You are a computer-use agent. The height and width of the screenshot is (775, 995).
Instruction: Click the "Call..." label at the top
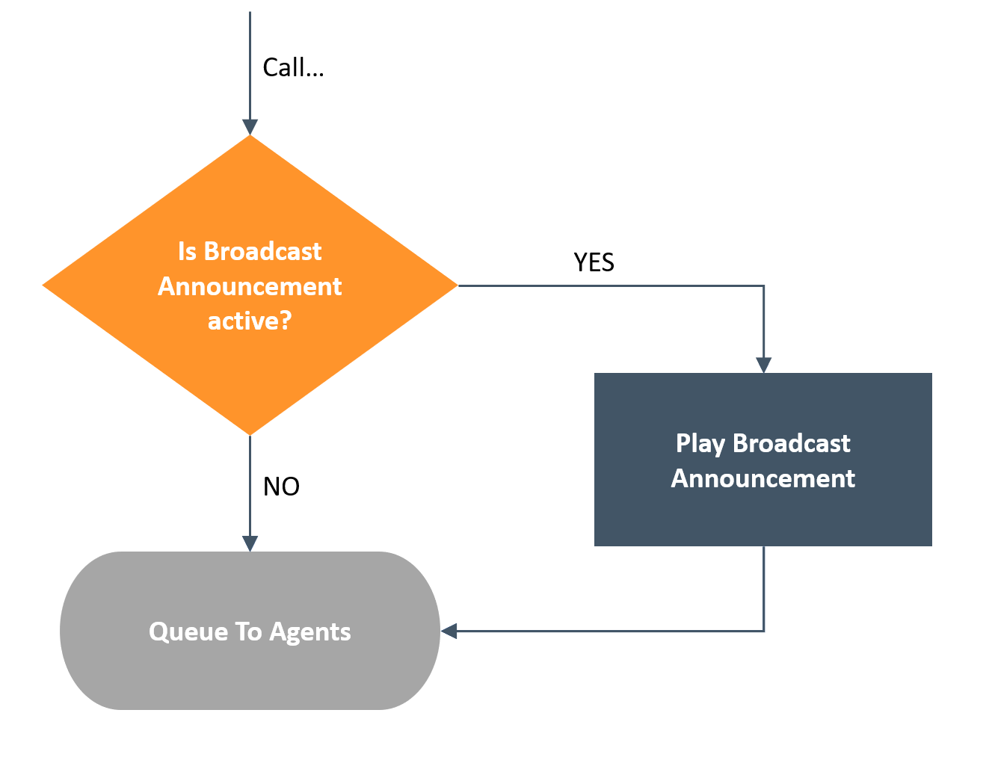[x=293, y=67]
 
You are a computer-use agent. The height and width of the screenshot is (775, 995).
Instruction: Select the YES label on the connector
[x=594, y=262]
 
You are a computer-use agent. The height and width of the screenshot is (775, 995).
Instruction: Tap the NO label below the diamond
[x=281, y=486]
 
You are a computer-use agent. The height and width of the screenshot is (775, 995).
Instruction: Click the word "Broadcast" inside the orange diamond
[x=262, y=251]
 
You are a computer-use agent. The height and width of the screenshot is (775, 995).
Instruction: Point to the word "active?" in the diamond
[x=250, y=321]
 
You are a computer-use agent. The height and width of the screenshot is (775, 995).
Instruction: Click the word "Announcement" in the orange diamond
[x=250, y=286]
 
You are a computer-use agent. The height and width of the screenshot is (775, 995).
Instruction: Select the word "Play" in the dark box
[x=700, y=444]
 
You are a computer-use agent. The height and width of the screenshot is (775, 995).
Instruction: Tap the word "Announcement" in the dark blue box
[x=763, y=478]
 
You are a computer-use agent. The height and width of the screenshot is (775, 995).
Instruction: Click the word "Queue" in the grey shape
[x=188, y=632]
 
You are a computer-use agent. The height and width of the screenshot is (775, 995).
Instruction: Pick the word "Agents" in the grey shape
[x=310, y=632]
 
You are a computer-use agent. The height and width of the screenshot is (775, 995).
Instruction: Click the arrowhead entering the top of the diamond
[x=250, y=127]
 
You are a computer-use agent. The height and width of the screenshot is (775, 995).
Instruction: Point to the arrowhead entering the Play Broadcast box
[x=763, y=365]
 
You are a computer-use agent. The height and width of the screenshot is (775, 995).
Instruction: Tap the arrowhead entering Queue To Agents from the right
[x=449, y=632]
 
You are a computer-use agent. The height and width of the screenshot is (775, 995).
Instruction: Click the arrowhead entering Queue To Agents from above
[x=250, y=544]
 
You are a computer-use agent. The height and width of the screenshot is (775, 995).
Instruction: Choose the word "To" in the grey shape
[x=249, y=632]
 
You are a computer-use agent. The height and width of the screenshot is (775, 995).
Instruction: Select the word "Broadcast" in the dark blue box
[x=791, y=443]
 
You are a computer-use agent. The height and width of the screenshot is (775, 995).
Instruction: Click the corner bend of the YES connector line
[x=763, y=286]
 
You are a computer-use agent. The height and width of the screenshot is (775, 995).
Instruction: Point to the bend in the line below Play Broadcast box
[x=763, y=632]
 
